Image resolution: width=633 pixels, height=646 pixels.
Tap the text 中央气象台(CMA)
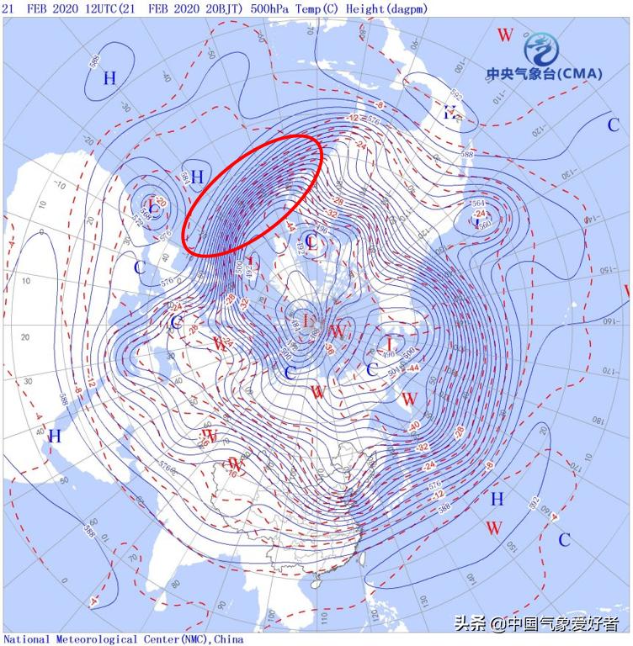tap(544, 74)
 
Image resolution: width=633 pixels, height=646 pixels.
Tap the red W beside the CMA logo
tap(505, 35)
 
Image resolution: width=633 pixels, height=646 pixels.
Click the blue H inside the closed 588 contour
tap(109, 78)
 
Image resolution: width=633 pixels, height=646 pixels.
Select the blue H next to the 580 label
tap(197, 177)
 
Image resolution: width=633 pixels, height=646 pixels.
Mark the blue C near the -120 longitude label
tap(614, 125)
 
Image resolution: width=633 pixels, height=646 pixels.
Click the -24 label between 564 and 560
tap(481, 214)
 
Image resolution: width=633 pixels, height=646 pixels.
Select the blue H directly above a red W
tap(497, 499)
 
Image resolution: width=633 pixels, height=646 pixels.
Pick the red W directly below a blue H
tap(495, 528)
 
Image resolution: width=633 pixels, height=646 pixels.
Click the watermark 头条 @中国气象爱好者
tap(537, 623)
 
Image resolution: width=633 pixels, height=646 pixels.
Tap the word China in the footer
tap(229, 639)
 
